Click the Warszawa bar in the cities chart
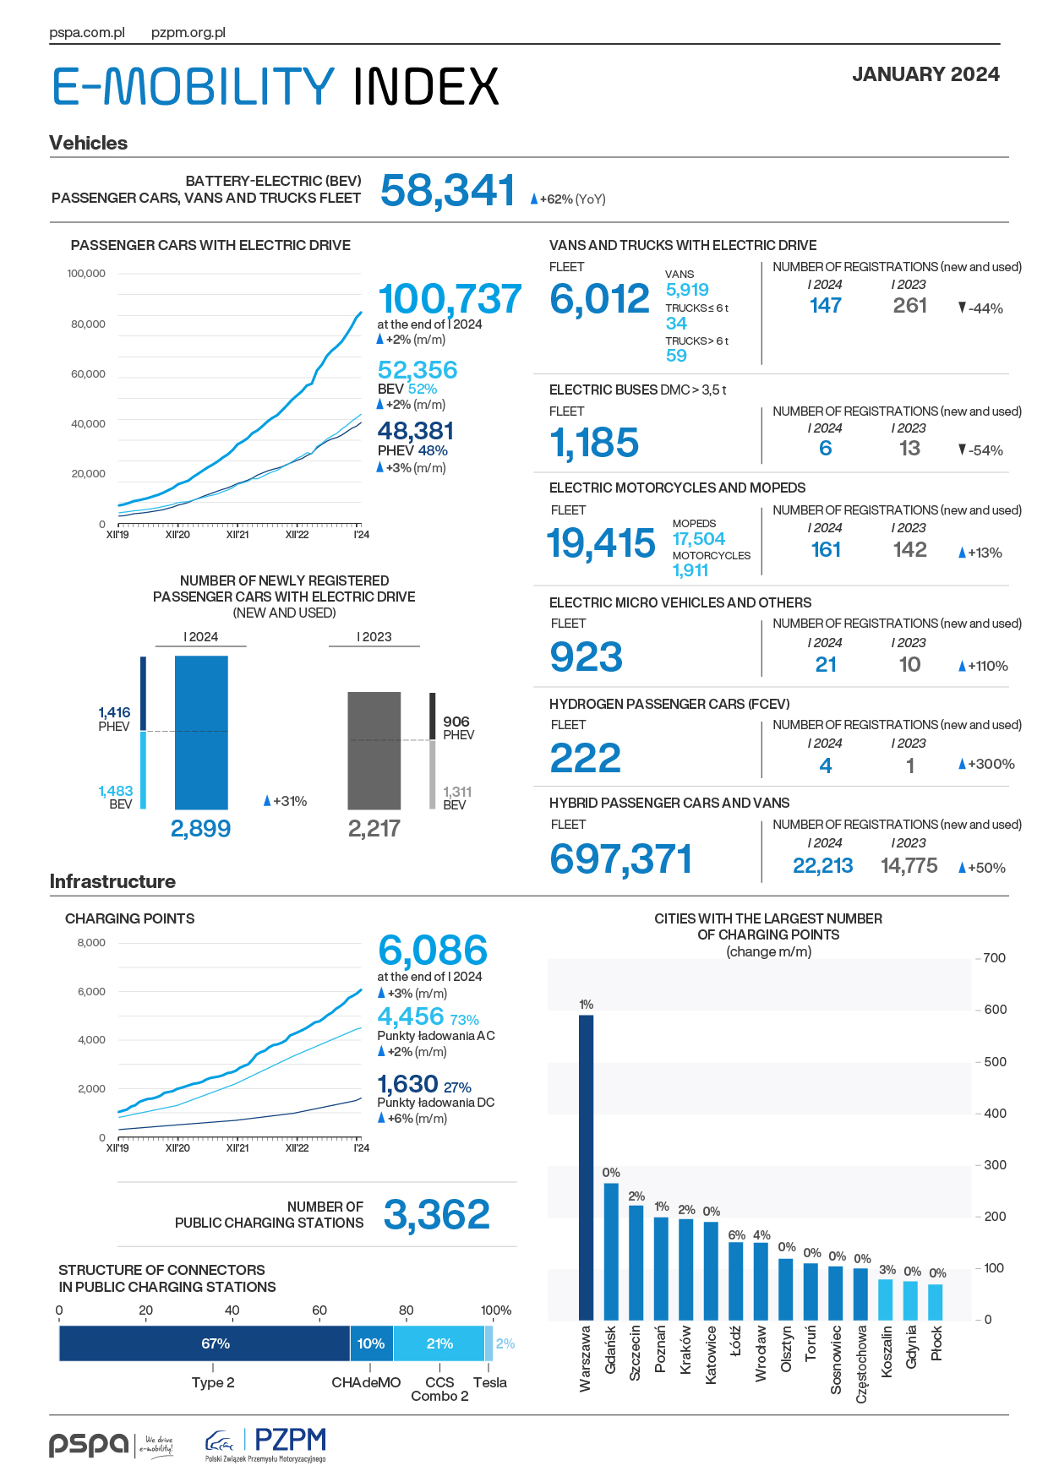click(586, 1167)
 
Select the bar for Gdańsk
click(611, 1251)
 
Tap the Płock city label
click(936, 1343)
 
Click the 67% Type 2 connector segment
click(205, 1343)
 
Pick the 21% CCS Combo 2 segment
click(439, 1343)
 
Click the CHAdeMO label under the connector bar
click(366, 1382)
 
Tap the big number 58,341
click(448, 190)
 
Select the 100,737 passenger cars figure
click(450, 299)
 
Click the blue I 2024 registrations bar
click(201, 733)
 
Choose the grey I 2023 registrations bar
click(374, 751)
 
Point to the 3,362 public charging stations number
click(437, 1215)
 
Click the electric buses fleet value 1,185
click(594, 443)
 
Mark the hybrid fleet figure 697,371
click(621, 859)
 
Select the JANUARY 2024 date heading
click(925, 74)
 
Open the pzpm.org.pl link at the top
click(188, 33)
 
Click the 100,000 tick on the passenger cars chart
click(86, 274)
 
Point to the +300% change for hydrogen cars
click(986, 764)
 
